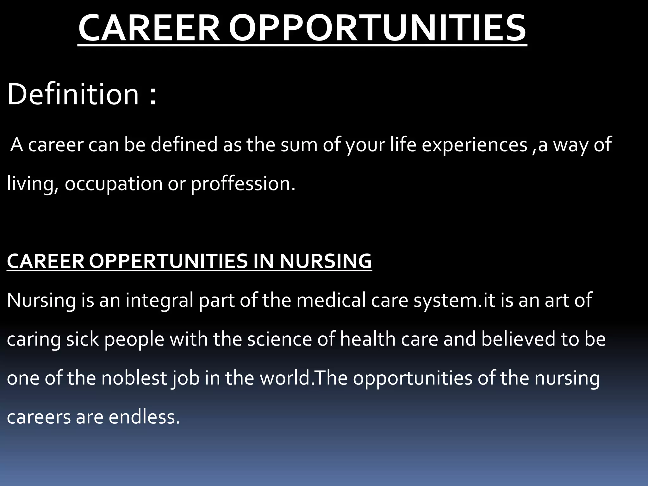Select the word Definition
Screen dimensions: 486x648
click(x=73, y=94)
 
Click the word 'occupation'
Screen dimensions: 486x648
click(x=114, y=184)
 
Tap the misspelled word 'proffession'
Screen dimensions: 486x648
click(x=243, y=184)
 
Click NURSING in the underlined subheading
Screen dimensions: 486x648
click(x=326, y=261)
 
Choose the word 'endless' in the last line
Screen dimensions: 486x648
click(x=144, y=417)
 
